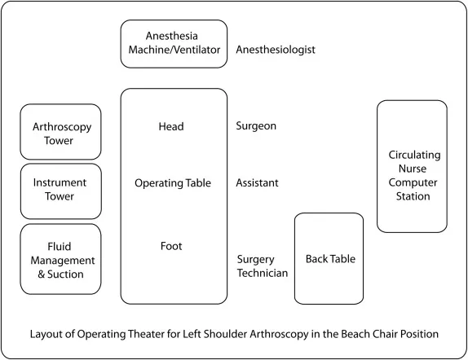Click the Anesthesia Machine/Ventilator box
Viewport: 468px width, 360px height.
(x=174, y=44)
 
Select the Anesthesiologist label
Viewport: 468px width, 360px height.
(x=275, y=50)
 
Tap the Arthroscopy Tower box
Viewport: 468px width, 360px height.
(x=61, y=132)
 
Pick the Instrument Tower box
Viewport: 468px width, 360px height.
(x=61, y=191)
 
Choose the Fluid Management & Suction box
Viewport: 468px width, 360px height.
(x=61, y=259)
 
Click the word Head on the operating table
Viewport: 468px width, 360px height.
(x=173, y=126)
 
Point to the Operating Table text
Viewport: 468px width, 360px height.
(x=173, y=183)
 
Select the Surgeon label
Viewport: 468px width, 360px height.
(x=256, y=126)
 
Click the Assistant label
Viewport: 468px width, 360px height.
(x=257, y=183)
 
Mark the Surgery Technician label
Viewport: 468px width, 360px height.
(x=262, y=266)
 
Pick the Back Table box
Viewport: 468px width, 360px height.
(x=329, y=259)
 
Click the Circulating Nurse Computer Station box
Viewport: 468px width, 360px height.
(x=412, y=166)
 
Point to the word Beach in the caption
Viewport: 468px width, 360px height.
(x=340, y=335)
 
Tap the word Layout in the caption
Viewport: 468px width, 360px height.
(x=46, y=335)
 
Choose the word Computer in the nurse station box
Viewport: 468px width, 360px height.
(x=412, y=182)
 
